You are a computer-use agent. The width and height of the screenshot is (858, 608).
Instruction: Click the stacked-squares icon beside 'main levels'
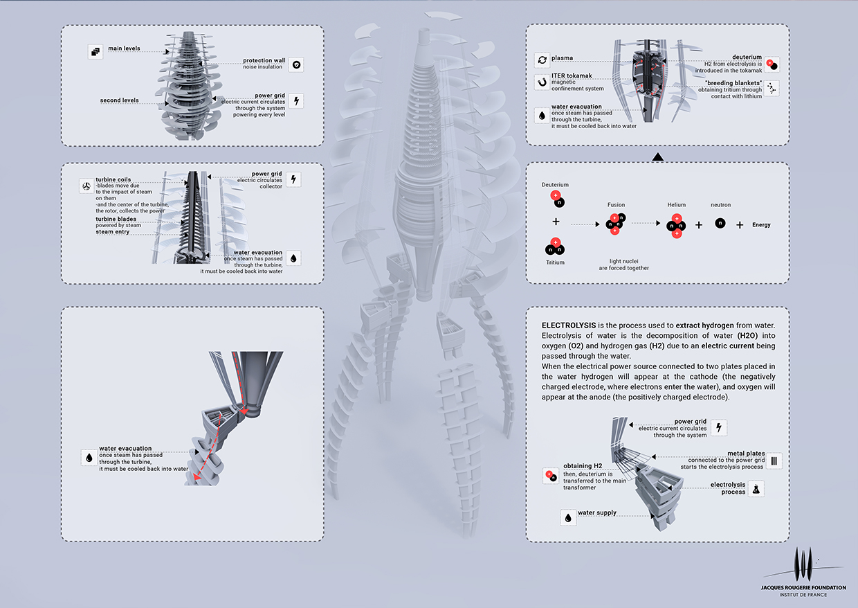[95, 51]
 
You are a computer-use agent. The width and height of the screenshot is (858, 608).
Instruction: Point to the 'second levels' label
[119, 100]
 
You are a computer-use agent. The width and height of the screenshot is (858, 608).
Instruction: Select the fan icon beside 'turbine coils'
[86, 186]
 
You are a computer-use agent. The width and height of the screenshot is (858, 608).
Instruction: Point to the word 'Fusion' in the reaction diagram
[616, 205]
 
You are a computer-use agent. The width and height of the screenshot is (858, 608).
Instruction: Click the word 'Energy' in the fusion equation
[761, 225]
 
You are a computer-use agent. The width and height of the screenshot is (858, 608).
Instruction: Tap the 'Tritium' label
[555, 262]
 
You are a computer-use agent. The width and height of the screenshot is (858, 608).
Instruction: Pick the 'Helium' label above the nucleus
[676, 205]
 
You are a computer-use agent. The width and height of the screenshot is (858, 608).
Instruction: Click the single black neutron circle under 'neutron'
[720, 224]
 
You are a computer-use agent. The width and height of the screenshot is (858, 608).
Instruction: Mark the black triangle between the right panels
[658, 158]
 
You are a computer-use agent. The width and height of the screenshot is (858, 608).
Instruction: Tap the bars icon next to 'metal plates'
[775, 461]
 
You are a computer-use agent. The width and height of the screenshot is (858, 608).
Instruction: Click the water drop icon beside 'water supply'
[568, 517]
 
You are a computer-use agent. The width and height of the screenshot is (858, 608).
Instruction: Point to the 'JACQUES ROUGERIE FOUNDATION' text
[803, 587]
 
